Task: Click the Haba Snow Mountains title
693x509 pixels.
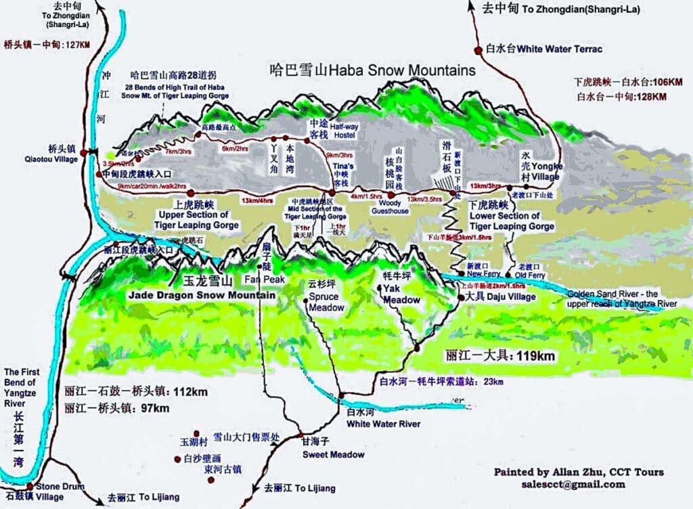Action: pos(372,70)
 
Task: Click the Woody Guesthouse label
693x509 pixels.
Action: pos(390,206)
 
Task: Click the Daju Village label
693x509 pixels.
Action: pos(511,296)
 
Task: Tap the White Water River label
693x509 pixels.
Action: pos(383,424)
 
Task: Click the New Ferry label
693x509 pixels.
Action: pos(483,273)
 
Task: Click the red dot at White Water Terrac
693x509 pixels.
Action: pos(480,49)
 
